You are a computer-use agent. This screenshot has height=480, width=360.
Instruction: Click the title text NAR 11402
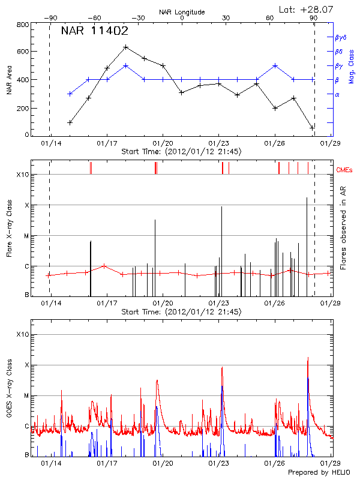coord(94,31)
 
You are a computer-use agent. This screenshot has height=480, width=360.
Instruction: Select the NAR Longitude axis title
coord(182,11)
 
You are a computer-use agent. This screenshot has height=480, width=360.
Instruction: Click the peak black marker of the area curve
coord(125,47)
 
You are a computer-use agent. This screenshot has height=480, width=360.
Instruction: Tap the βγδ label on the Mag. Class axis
coord(341,37)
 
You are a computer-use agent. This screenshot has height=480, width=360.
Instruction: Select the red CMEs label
coord(344,171)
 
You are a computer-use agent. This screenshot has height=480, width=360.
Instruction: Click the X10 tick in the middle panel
coord(23,175)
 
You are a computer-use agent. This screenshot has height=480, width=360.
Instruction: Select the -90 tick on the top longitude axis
coord(49,18)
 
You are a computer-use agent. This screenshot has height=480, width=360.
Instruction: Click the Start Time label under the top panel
coord(181,152)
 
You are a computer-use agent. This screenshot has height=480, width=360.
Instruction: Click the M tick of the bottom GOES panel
coord(26,395)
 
